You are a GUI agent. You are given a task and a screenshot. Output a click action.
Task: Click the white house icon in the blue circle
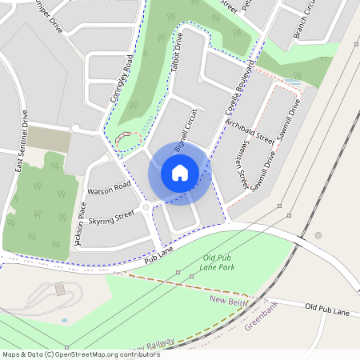tap(180, 172)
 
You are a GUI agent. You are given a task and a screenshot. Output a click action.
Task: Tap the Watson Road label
tap(109, 190)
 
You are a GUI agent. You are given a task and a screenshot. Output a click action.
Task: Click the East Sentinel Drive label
tap(22, 141)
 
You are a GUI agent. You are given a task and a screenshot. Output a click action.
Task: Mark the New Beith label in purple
tap(227, 299)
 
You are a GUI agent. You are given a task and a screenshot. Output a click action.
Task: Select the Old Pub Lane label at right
tap(327, 308)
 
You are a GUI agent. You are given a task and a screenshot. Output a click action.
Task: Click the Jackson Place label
tap(79, 224)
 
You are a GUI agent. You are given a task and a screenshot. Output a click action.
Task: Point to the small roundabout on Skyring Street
tap(145, 207)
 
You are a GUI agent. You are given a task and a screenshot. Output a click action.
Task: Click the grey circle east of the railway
tap(318, 235)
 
